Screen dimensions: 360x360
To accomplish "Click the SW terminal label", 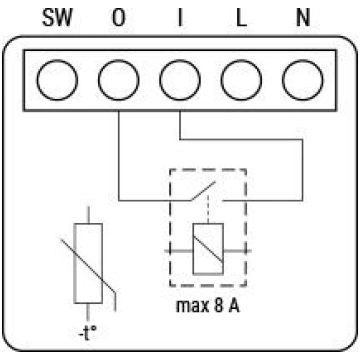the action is click(x=57, y=18).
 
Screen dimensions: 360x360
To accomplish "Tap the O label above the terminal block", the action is click(x=119, y=18).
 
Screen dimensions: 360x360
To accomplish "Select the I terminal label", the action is click(x=180, y=18).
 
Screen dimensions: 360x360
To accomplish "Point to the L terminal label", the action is click(x=241, y=18).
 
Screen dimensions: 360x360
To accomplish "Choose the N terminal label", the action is click(x=303, y=18).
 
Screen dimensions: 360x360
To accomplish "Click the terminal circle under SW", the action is click(x=57, y=80).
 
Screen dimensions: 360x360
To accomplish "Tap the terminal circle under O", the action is click(x=119, y=80).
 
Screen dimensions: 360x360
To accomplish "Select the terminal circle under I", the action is click(x=180, y=80).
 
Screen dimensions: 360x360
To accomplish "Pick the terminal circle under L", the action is click(x=241, y=80).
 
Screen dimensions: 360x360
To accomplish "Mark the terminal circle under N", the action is click(x=303, y=80).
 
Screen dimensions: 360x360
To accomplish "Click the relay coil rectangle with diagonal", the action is click(x=208, y=249).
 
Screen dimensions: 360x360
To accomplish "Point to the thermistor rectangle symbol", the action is click(x=88, y=263).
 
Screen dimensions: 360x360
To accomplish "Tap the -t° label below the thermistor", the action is click(x=88, y=333).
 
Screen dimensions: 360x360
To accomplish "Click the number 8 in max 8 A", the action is click(x=218, y=306).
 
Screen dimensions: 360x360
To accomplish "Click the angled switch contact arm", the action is click(x=203, y=191).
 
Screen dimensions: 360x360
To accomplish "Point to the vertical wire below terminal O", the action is click(x=119, y=156).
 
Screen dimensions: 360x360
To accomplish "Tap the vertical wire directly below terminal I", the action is click(x=180, y=125).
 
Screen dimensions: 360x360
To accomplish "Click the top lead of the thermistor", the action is click(x=88, y=215).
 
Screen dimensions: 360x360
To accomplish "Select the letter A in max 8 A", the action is click(x=234, y=306).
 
